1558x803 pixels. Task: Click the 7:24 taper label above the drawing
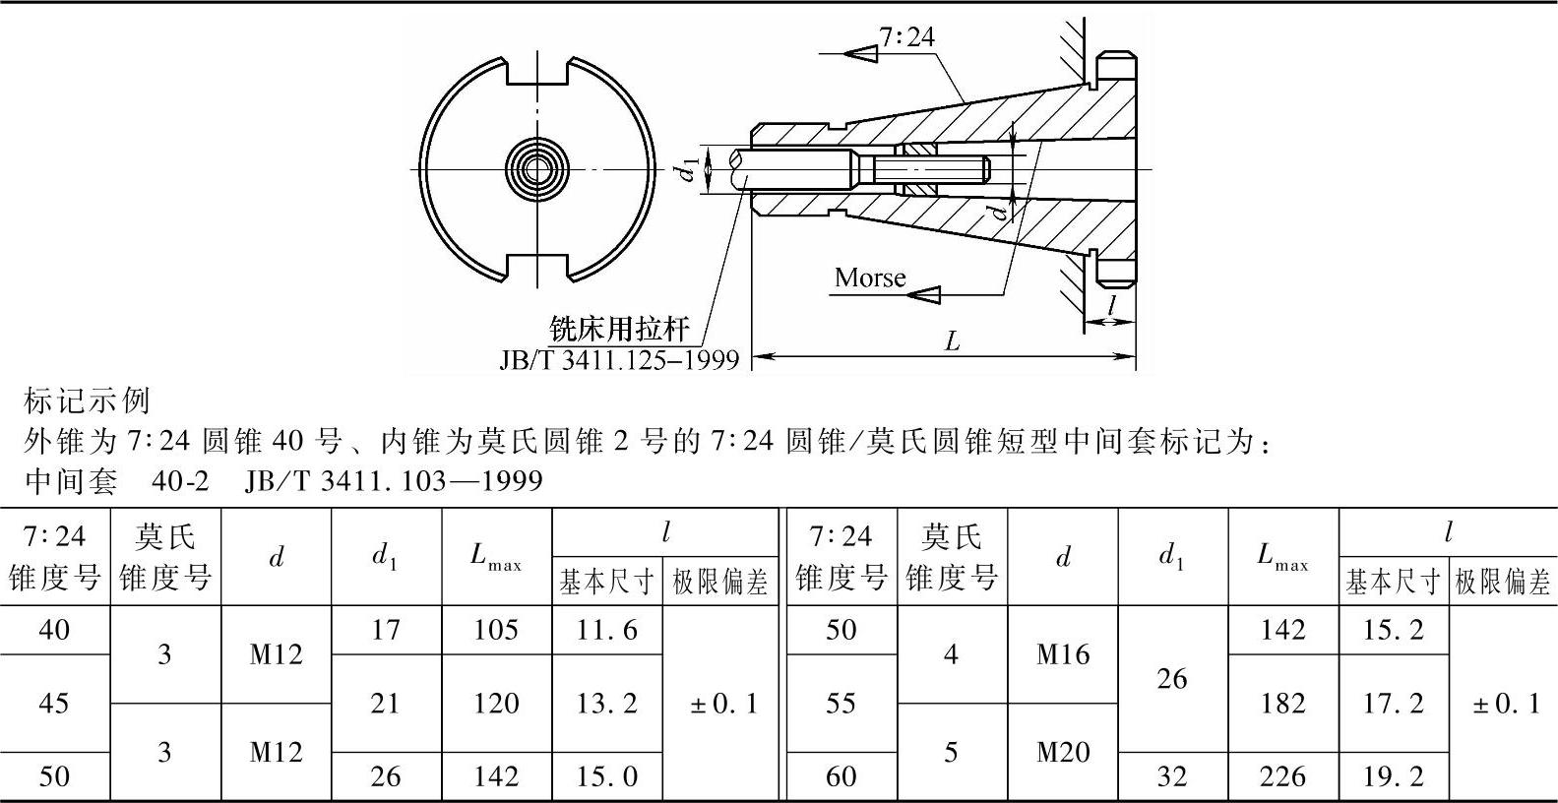coord(906,37)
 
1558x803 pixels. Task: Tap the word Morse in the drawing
coord(870,278)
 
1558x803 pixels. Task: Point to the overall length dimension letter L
coord(952,341)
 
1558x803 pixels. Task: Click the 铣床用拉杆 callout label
coord(619,329)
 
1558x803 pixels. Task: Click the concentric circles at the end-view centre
coord(537,170)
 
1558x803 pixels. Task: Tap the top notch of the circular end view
coord(538,71)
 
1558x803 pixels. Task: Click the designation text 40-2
coord(181,481)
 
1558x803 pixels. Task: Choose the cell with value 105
coord(496,630)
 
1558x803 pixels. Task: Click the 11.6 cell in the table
coord(606,630)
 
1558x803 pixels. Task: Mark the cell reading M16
coord(1063,654)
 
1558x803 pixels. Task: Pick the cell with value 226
coord(1282,777)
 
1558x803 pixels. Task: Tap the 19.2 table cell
coord(1394,777)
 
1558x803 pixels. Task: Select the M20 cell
coord(1063,753)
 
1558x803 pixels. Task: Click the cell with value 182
coord(1282,704)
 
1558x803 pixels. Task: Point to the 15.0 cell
coord(606,777)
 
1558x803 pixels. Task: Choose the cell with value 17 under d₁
coord(386,630)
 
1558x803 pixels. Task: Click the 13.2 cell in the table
coord(606,704)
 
